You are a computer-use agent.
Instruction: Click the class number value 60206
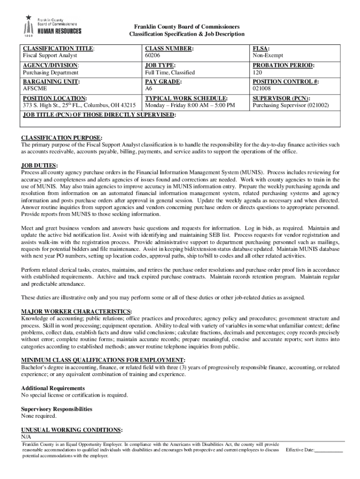(153, 56)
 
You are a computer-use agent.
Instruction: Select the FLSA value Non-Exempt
(268, 56)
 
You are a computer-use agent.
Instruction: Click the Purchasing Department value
(51, 73)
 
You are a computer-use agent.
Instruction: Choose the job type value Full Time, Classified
(170, 73)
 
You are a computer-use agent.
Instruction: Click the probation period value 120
(258, 73)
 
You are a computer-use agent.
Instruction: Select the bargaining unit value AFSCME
(35, 88)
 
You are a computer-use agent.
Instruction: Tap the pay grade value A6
(149, 88)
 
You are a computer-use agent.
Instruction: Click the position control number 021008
(262, 88)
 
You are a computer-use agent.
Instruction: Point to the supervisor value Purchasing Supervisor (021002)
(290, 106)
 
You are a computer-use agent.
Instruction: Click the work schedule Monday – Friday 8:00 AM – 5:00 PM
(190, 106)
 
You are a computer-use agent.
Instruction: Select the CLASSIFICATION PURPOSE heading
(62, 138)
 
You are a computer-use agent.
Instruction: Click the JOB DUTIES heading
(40, 166)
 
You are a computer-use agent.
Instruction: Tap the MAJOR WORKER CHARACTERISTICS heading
(76, 312)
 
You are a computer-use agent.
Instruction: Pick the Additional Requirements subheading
(53, 388)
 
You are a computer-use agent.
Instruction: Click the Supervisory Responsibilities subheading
(57, 409)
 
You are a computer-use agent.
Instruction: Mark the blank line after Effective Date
(329, 450)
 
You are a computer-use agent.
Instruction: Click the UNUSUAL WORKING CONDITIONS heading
(72, 430)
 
